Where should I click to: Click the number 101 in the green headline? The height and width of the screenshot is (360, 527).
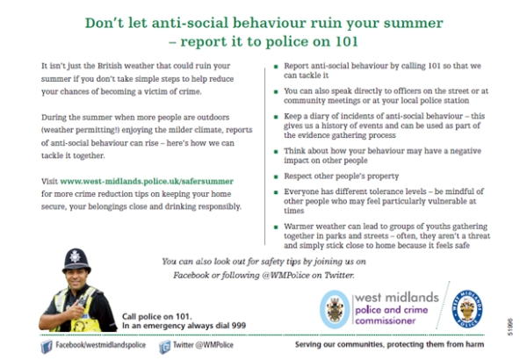point(347,41)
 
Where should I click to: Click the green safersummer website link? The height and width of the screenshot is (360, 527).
point(147,181)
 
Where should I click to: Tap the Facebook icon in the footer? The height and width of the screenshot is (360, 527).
point(47,347)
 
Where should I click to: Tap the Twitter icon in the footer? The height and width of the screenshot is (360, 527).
point(165,347)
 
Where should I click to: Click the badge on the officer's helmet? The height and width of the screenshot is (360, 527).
point(75,256)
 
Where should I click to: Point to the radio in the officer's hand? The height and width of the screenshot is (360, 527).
point(81,301)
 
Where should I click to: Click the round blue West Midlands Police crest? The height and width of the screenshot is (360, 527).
point(467,309)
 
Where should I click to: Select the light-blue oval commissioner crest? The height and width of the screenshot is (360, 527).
point(335,309)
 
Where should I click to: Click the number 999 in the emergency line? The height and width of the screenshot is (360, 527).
point(239,326)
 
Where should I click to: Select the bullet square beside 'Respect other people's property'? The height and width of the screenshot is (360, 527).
point(276,176)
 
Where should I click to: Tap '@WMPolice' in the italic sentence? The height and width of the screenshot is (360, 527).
point(285,275)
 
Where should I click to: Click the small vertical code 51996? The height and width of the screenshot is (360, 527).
point(510,327)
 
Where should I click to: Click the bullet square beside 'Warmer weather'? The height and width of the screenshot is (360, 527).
point(276,227)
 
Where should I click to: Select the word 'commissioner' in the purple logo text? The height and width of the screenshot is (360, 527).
point(386,320)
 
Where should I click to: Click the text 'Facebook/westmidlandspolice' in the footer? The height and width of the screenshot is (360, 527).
point(100,345)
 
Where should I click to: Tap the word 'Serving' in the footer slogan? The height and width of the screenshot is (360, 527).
point(307,344)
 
